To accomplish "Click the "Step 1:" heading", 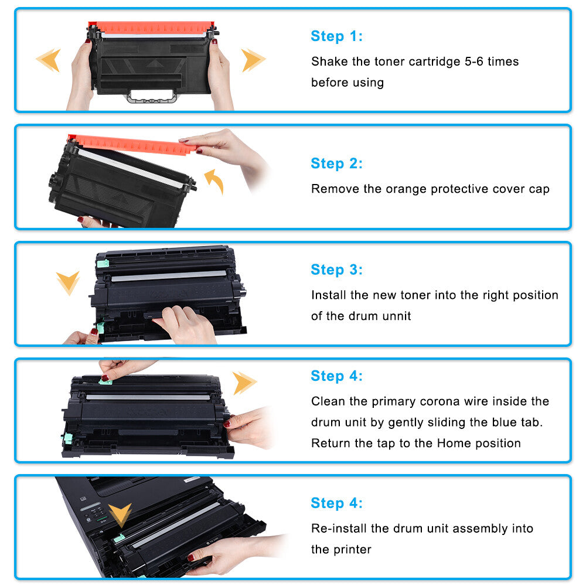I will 336,36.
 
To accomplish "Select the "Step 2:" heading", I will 336,163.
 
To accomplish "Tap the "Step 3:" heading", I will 336,270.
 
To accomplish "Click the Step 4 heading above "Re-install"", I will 336,503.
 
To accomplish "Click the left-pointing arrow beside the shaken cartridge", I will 49,60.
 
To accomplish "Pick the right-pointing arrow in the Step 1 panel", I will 253,60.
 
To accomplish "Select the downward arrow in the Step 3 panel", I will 68,282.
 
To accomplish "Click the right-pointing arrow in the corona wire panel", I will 244,383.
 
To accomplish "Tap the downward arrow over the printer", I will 121,515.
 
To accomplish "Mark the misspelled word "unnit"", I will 396,316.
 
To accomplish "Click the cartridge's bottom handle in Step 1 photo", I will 152,97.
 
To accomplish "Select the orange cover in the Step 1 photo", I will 152,28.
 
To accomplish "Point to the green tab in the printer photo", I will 120,538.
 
